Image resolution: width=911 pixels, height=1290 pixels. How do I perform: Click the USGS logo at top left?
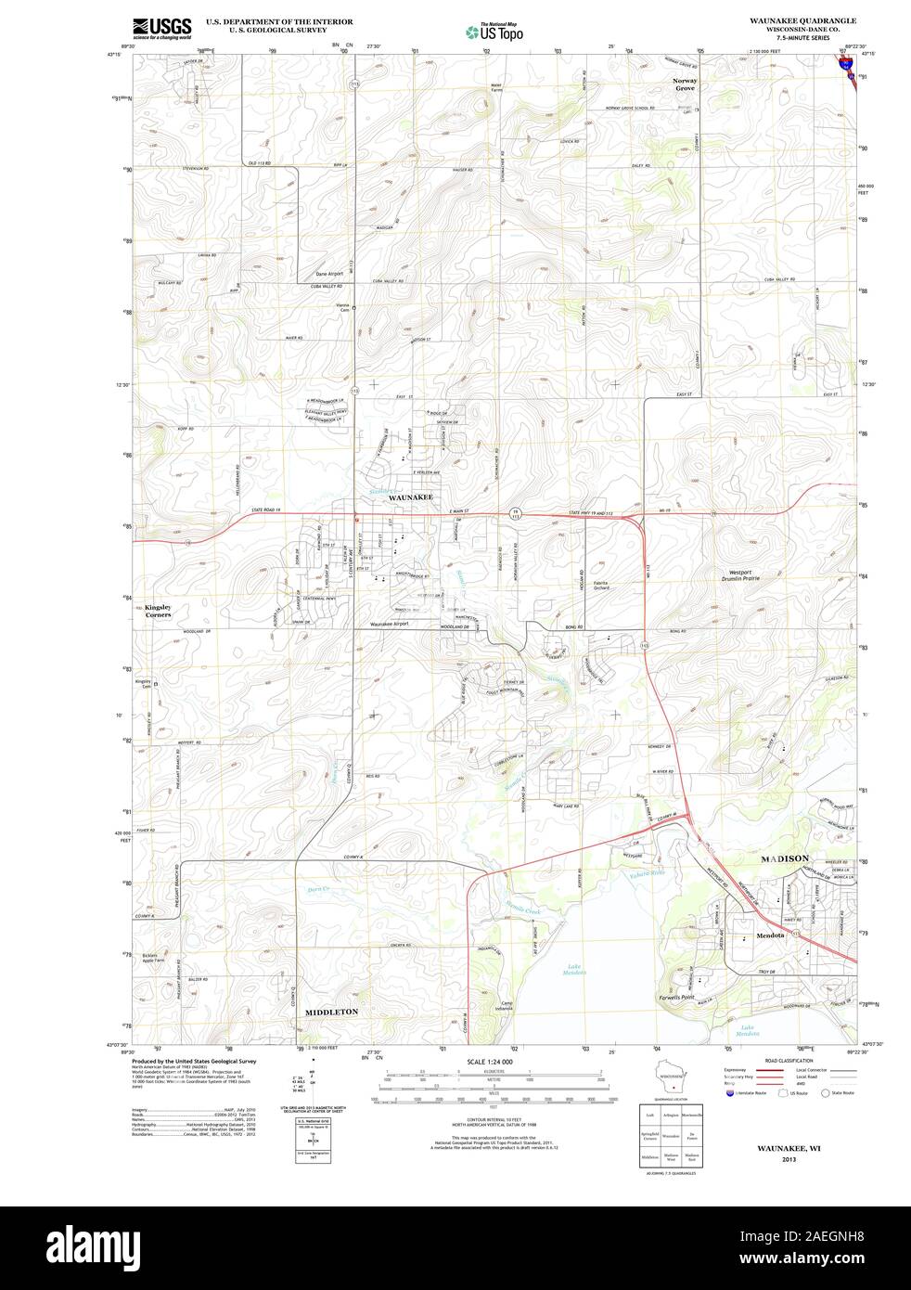[161, 28]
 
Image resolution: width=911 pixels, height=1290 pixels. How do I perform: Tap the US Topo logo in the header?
[494, 32]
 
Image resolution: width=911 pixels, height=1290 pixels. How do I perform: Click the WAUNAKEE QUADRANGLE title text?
[803, 19]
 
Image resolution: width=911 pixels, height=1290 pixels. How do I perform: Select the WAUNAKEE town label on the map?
[411, 498]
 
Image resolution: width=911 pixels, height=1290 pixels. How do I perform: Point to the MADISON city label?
[785, 858]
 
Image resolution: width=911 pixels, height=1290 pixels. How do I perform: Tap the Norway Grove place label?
[685, 84]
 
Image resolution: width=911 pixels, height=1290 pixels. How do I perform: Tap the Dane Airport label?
[328, 274]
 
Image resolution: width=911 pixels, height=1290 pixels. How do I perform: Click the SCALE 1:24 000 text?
[490, 1061]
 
